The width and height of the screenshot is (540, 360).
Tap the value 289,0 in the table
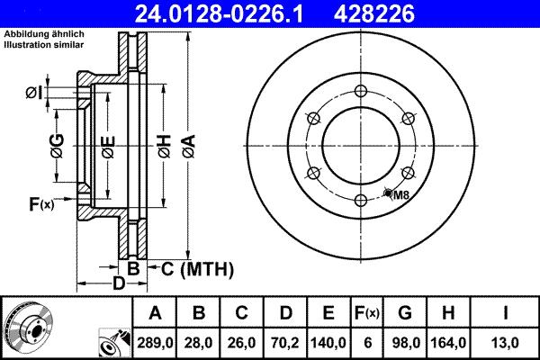coord(155,341)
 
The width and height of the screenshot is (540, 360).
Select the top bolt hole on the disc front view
coord(361,90)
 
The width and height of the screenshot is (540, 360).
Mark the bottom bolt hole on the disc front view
coord(361,200)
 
